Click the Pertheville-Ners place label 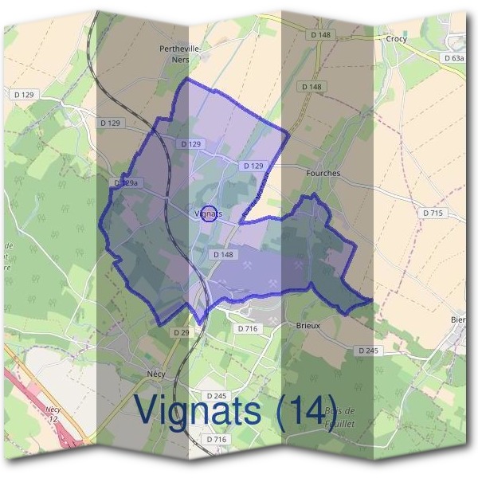point(179,53)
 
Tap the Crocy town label point(396,37)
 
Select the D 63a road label point(453,58)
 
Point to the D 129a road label point(126,182)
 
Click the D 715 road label point(433,214)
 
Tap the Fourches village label point(323,173)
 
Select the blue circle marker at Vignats point(210,214)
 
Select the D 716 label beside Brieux point(248,327)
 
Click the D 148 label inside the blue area point(222,254)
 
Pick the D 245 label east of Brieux point(367,351)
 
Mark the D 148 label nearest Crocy point(320,35)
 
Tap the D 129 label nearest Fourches point(252,165)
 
